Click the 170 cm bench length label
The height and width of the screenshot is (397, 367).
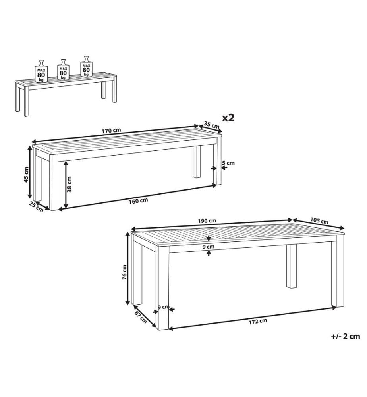point(111,131)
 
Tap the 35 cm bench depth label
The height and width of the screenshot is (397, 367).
point(211,125)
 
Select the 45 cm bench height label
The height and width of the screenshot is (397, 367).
point(26,175)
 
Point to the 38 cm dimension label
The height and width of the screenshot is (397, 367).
point(69,184)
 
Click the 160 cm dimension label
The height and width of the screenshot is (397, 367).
point(138,201)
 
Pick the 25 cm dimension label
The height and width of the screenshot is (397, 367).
point(36,207)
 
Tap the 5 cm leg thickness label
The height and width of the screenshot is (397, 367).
point(228,163)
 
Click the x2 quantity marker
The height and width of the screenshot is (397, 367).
point(228,118)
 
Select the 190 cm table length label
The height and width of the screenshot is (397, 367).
point(207,220)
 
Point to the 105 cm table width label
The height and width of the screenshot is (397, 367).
point(319,221)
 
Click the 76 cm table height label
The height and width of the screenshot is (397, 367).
point(124,272)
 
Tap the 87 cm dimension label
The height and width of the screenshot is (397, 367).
point(141,317)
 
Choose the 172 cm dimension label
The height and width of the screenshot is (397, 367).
point(257,321)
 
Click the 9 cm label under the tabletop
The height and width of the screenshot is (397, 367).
point(209,247)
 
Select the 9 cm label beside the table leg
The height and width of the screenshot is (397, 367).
point(163,307)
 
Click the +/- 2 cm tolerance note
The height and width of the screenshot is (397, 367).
point(346,336)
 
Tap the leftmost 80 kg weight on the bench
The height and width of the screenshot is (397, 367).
point(41,71)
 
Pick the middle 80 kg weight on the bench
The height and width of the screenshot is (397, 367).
point(63,69)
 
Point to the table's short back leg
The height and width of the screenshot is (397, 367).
point(292,266)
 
